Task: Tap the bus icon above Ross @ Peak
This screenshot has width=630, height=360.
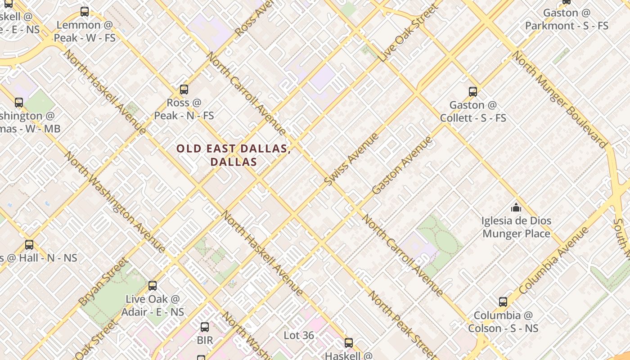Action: point(184,89)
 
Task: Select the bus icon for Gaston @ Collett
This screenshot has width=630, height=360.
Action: point(472,92)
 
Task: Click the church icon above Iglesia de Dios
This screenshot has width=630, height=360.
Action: point(516,207)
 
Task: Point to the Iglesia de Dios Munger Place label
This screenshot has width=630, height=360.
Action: point(516,227)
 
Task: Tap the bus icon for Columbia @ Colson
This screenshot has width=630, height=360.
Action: point(503,302)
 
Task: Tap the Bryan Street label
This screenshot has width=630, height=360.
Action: point(103,281)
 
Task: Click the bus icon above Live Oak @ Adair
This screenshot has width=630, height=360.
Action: point(153,285)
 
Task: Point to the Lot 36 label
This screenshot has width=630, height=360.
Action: point(299,335)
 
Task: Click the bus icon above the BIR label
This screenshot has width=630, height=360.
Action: point(205,327)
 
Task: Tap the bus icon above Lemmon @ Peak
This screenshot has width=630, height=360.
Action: point(85,12)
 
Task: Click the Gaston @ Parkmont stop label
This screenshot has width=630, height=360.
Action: point(567,19)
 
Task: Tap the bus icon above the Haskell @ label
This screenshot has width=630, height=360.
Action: point(348,343)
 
